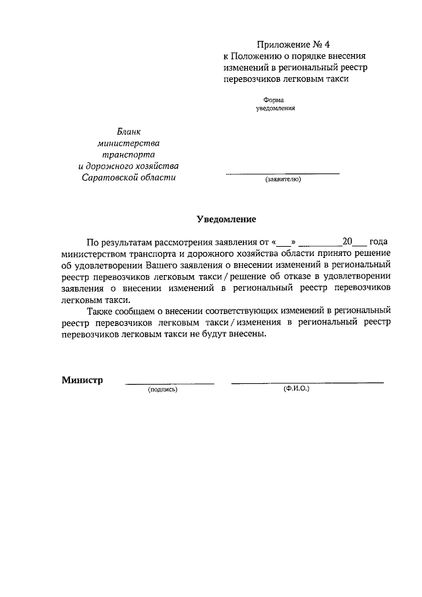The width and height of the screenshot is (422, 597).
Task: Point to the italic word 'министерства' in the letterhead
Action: (128, 143)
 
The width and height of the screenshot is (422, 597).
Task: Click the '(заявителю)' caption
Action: (283, 179)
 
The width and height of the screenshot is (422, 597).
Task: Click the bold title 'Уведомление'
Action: (226, 218)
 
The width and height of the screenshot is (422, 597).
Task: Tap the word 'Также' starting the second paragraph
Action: (100, 310)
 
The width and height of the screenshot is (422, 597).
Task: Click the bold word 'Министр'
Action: (82, 380)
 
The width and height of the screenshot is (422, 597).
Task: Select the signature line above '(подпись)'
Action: (169, 383)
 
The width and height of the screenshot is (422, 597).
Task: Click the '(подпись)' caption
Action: (163, 390)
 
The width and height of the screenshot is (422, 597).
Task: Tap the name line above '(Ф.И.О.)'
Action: (307, 383)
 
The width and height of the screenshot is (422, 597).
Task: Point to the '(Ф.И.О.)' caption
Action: (296, 389)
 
